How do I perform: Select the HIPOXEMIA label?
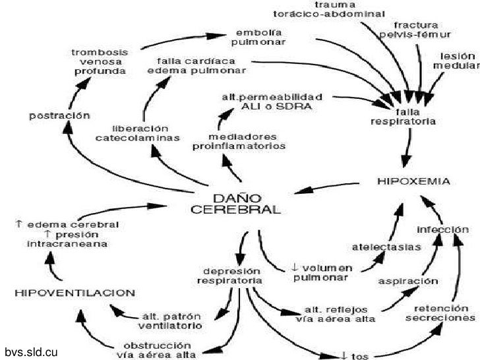413,180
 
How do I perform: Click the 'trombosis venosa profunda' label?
100,61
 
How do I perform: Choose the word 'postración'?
59,115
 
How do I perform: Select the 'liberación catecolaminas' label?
137,133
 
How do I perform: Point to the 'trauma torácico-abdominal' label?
329,8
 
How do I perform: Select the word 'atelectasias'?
376,247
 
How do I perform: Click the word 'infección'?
442,229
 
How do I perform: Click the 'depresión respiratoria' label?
229,276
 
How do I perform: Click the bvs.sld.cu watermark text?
32,351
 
